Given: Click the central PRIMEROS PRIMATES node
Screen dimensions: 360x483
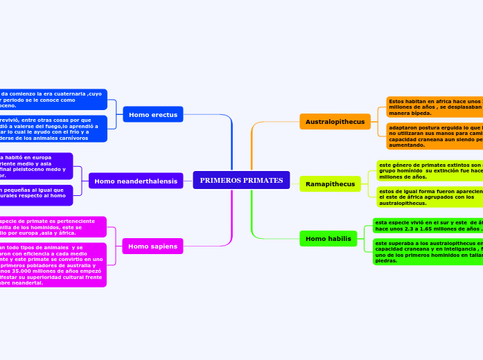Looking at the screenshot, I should (241, 180).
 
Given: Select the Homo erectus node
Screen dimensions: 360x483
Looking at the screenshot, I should (152, 114).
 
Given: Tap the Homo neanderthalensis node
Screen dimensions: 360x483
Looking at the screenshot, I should (135, 181).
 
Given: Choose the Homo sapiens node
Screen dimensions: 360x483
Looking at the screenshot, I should (152, 246).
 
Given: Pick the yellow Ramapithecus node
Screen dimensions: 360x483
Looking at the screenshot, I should (330, 184).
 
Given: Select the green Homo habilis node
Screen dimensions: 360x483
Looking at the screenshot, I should (328, 239).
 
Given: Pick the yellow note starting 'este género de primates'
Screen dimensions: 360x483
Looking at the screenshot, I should (430, 171).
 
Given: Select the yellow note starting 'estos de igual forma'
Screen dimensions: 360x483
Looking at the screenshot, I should (430, 197).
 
